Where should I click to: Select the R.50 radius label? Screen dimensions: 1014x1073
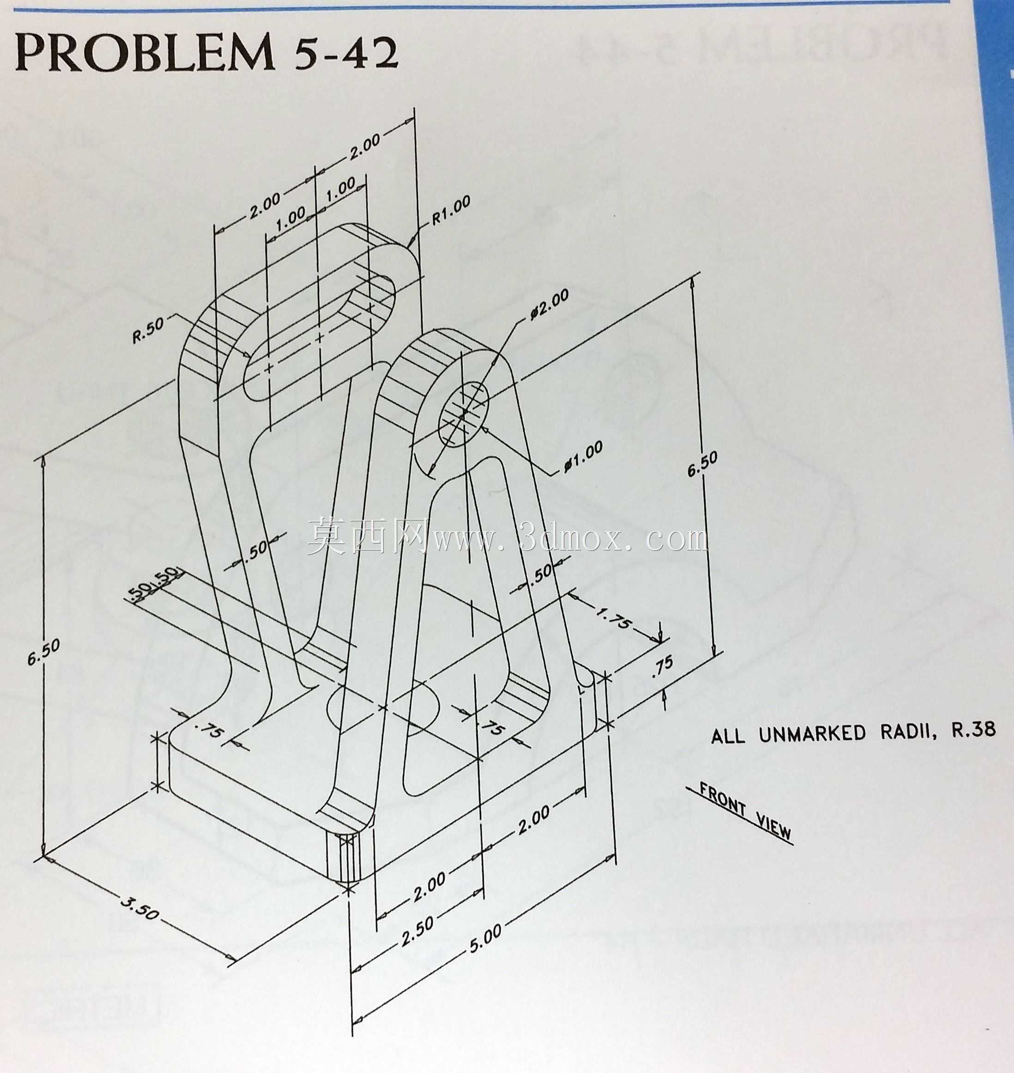(x=149, y=330)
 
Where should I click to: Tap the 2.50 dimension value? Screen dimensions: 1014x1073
(x=417, y=937)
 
